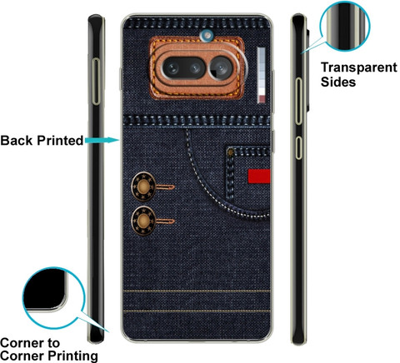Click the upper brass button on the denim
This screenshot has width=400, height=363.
[x=143, y=186]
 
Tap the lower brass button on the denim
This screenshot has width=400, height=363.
[x=143, y=221]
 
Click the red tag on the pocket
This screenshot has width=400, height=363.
[x=259, y=177]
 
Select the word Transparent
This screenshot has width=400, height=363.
[x=359, y=67]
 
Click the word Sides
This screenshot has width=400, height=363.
[x=338, y=82]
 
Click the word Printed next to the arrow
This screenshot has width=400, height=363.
[x=60, y=141]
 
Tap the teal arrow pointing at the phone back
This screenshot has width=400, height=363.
[x=102, y=141]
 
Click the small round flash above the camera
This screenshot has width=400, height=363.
[x=207, y=35]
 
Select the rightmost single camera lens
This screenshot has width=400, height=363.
[x=221, y=67]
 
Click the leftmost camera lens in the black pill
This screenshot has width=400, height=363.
[x=172, y=68]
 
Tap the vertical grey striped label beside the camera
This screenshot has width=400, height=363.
[x=261, y=75]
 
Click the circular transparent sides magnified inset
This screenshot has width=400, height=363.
[x=345, y=27]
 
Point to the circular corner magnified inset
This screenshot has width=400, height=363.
[x=53, y=298]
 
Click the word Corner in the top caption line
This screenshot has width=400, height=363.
[x=22, y=343]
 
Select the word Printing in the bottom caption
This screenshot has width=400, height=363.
[x=72, y=356]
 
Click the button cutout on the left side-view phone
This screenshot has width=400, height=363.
[x=96, y=82]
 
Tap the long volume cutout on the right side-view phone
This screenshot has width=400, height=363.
[x=298, y=101]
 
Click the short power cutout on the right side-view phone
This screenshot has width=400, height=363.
[x=298, y=147]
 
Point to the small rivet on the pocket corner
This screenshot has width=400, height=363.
[x=230, y=152]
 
